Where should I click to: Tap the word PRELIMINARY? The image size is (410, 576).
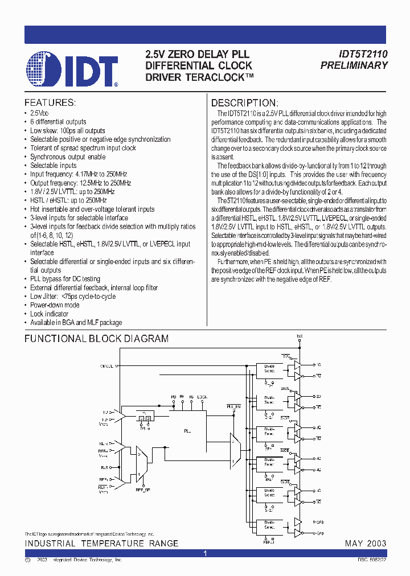coord(354,65)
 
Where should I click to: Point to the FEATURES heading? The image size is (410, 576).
coord(50,103)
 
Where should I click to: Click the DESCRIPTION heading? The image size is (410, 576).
coord(245,103)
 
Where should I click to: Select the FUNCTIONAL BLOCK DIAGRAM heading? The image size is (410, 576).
coord(96,339)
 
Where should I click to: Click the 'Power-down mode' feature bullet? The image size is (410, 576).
coord(55,305)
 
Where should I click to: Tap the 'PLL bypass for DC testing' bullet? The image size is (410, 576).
coord(65,279)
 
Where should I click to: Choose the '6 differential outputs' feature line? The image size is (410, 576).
coord(58,122)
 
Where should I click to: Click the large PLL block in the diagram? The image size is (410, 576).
coord(187,431)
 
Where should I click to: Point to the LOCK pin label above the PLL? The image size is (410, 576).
coord(202,396)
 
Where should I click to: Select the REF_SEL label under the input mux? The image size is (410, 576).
coord(143,489)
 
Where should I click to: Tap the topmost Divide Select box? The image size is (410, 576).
coord(269,368)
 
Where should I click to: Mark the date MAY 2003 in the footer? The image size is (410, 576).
coord(366,544)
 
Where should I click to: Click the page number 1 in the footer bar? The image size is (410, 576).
coord(205,553)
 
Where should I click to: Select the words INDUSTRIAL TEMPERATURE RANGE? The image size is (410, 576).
coord(101,544)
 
